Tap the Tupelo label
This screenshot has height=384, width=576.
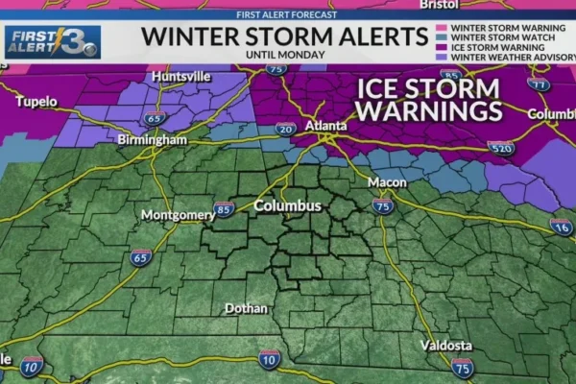click(x=36, y=101)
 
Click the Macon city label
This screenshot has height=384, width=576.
click(x=387, y=182)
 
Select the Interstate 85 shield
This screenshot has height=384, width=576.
click(x=224, y=208)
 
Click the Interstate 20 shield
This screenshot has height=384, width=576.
click(x=284, y=129)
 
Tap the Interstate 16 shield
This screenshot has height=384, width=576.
click(x=561, y=227)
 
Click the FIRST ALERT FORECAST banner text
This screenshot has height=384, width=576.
click(x=285, y=14)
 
